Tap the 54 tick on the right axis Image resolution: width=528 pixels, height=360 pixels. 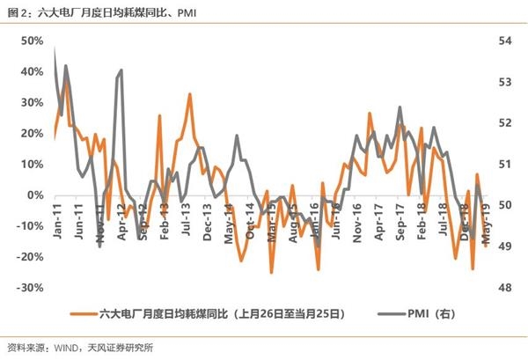click(506, 40)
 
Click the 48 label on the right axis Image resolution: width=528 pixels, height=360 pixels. click(506, 288)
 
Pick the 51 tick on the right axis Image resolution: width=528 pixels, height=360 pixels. click(506, 165)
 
